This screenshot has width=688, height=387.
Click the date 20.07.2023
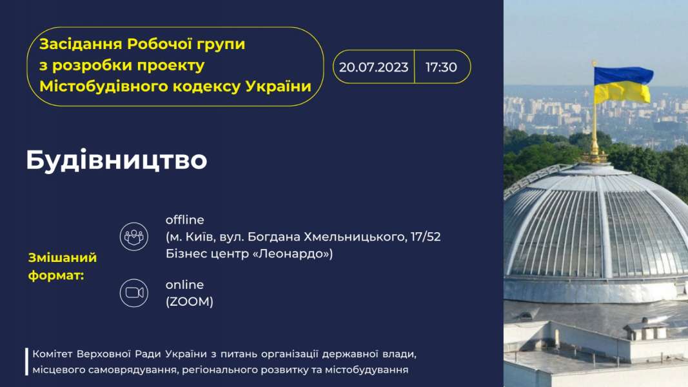(x=373, y=67)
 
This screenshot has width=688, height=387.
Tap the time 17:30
(x=441, y=67)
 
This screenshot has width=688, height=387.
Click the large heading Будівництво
(x=116, y=160)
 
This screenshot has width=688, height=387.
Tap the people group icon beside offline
(x=134, y=237)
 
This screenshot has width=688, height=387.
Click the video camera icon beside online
(x=134, y=293)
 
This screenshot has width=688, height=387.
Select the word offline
(x=184, y=219)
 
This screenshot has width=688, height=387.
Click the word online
(x=184, y=284)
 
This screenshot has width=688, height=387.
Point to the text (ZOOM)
(x=190, y=301)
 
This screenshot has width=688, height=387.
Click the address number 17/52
(x=426, y=237)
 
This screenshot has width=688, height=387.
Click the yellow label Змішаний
(x=63, y=257)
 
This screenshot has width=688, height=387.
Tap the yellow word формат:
(x=56, y=275)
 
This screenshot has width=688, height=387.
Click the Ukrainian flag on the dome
(x=623, y=84)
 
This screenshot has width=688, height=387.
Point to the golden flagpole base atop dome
(x=595, y=154)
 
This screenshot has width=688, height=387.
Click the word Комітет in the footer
(x=52, y=353)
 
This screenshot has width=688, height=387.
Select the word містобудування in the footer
(x=366, y=370)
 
